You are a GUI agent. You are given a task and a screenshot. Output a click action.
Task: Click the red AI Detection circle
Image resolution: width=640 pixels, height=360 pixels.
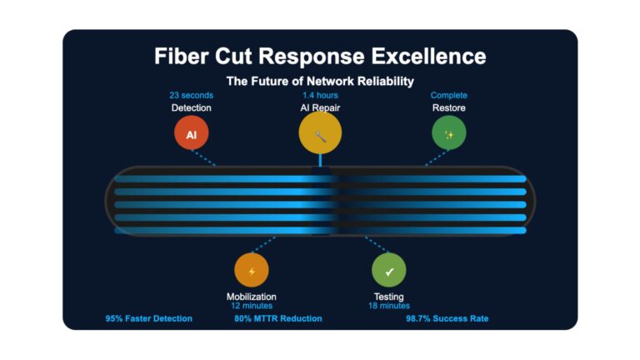pyautogui.click(x=192, y=132)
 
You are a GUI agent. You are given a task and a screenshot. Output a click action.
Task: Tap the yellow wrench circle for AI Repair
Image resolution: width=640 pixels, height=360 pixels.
pyautogui.click(x=320, y=132)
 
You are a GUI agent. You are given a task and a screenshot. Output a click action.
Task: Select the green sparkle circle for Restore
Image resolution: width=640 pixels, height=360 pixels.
pyautogui.click(x=449, y=132)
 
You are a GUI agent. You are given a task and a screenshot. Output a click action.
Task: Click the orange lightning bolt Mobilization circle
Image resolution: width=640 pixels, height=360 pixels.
pyautogui.click(x=252, y=270)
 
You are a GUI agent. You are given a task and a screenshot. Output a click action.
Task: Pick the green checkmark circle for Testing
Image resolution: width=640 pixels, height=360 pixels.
pyautogui.click(x=389, y=270)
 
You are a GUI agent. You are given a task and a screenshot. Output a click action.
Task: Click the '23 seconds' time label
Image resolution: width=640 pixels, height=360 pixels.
pyautogui.click(x=192, y=95)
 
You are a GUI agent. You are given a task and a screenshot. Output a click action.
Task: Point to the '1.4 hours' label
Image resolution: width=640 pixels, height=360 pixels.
pyautogui.click(x=320, y=95)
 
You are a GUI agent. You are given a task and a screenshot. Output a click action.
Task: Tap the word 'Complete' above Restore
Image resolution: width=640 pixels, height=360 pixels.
pyautogui.click(x=449, y=95)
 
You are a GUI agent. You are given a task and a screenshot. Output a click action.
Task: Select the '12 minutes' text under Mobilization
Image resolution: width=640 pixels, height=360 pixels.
pyautogui.click(x=252, y=306)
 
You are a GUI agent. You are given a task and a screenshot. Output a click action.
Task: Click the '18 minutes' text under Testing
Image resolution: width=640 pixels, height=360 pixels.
pyautogui.click(x=389, y=306)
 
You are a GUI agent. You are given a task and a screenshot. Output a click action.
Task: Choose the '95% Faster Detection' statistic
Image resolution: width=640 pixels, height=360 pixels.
pyautogui.click(x=149, y=319)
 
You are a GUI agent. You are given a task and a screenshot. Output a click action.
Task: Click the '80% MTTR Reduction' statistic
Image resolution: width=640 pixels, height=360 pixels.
pyautogui.click(x=278, y=319)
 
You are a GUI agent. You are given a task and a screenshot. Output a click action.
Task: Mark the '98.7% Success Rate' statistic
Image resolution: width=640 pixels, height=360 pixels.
pyautogui.click(x=447, y=319)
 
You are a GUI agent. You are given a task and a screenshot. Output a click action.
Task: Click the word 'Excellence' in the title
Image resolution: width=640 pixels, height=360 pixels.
pyautogui.click(x=428, y=57)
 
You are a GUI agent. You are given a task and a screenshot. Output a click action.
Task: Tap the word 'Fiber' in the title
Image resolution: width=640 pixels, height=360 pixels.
pyautogui.click(x=182, y=57)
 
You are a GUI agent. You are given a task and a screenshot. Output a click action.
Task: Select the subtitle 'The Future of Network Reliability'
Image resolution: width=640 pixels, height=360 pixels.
pyautogui.click(x=320, y=81)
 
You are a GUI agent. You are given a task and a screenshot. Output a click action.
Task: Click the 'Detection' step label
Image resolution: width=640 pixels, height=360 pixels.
pyautogui.click(x=192, y=107)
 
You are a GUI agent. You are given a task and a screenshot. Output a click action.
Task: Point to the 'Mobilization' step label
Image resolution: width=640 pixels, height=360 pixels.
pyautogui.click(x=252, y=297)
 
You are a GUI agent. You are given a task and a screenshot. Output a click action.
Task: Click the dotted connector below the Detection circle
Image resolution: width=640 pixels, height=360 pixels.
pyautogui.click(x=203, y=157)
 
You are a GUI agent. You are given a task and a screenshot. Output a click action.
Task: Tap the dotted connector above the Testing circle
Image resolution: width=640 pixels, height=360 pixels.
pyautogui.click(x=377, y=244)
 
